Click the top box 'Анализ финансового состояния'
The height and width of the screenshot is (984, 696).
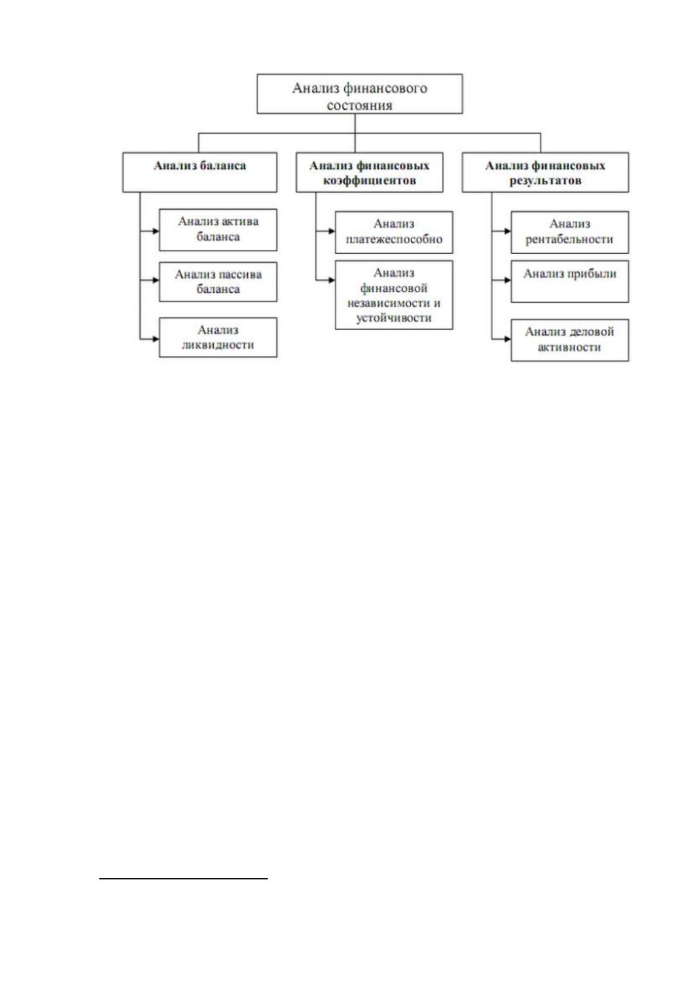tap(359, 93)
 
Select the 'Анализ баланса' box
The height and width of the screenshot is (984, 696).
tap(199, 172)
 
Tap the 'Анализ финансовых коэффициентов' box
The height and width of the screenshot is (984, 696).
tap(369, 172)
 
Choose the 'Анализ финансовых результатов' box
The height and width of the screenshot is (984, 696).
tap(545, 172)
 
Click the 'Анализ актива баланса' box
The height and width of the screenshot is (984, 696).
tap(218, 230)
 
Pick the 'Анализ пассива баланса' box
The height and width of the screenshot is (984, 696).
tap(218, 282)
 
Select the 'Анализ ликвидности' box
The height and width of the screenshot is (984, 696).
tap(218, 337)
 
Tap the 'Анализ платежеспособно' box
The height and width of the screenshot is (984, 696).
tap(394, 233)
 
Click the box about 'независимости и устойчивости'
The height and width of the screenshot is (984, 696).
tap(394, 295)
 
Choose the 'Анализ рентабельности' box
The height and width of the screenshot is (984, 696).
tap(569, 233)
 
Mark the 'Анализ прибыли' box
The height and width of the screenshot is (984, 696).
tap(569, 282)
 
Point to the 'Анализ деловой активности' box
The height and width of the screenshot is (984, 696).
tap(569, 341)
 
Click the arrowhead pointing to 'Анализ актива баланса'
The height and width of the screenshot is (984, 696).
tap(155, 231)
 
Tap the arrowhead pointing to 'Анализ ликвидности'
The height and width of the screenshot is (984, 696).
tap(155, 339)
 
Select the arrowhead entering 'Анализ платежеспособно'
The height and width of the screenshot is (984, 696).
tap(332, 231)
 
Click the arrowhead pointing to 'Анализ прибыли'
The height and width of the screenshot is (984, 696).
tap(507, 280)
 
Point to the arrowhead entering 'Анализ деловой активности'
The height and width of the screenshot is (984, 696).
tap(507, 339)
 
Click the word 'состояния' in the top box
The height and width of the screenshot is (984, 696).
tap(359, 106)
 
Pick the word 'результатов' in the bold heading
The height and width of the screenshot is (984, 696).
tap(545, 181)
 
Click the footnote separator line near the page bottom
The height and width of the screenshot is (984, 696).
tap(183, 879)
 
